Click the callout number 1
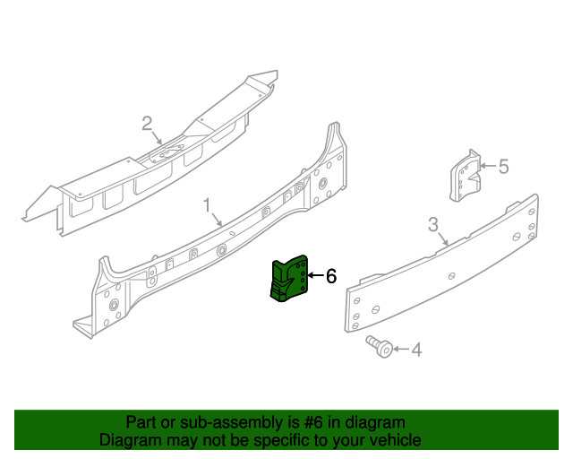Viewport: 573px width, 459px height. [x=207, y=206]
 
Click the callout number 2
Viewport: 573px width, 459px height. [x=147, y=123]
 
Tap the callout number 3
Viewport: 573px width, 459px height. [x=432, y=223]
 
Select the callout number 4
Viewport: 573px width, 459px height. [x=416, y=350]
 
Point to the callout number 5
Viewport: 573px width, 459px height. [x=503, y=166]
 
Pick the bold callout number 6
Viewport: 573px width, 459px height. [x=330, y=276]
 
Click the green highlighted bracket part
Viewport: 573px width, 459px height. [x=288, y=278]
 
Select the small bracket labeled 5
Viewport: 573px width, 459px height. [x=464, y=175]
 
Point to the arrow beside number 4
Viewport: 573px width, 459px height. [x=399, y=349]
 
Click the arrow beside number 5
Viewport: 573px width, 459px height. [x=487, y=166]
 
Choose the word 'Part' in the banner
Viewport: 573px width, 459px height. [x=141, y=422]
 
